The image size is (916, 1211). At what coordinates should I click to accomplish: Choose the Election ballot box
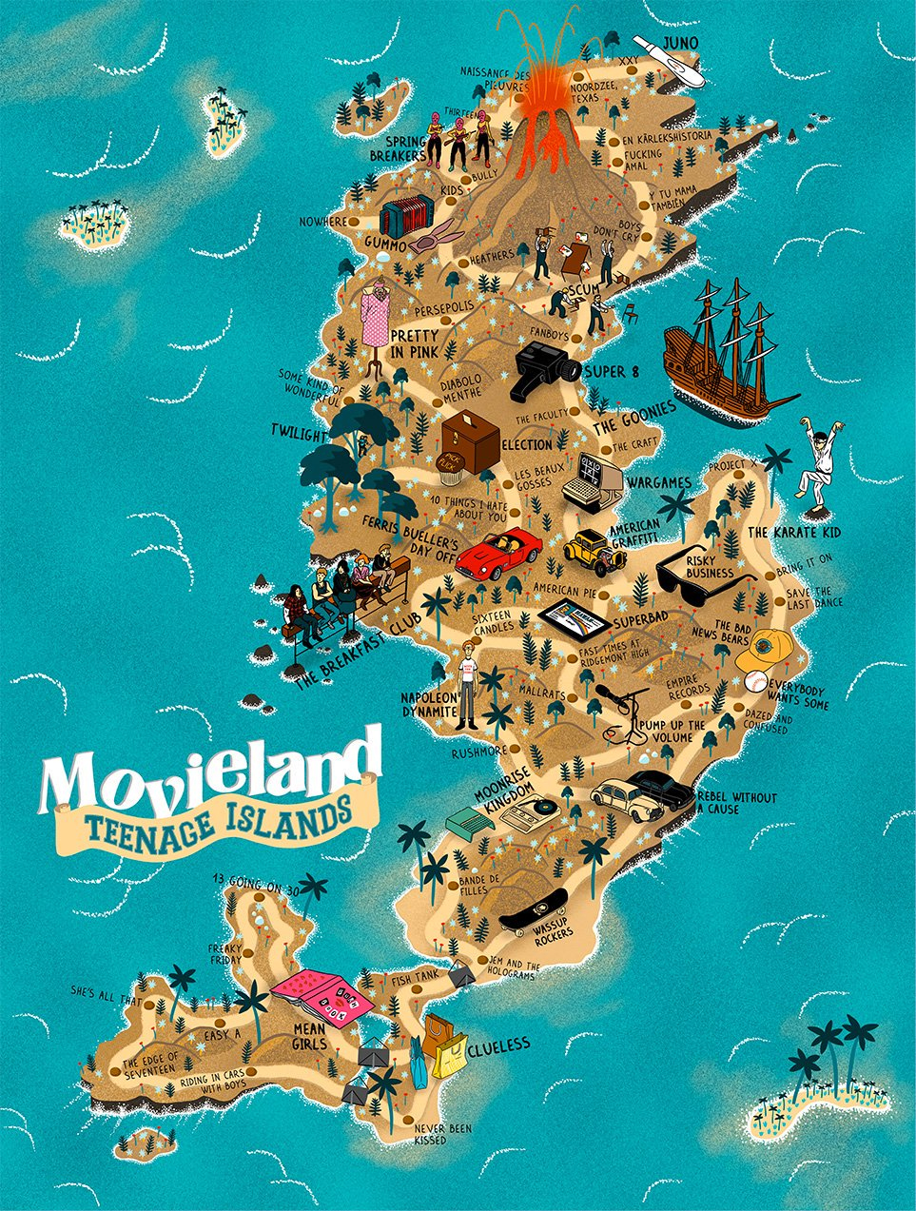coord(470,440)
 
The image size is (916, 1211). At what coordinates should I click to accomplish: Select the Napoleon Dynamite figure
coord(467,683)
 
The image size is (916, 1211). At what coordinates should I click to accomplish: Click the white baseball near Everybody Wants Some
coord(755,682)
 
